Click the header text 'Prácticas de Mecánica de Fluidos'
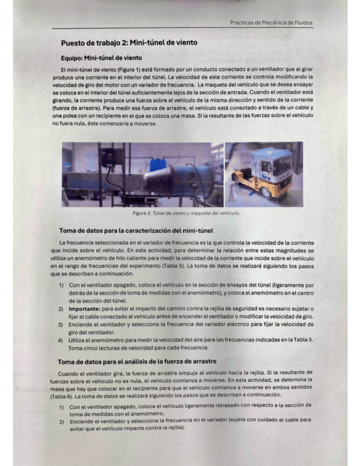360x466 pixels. tap(272, 23)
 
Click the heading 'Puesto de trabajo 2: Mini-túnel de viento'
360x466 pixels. tap(129, 43)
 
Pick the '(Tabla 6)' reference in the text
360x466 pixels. tap(62, 395)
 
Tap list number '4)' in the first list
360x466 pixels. tap(61, 340)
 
